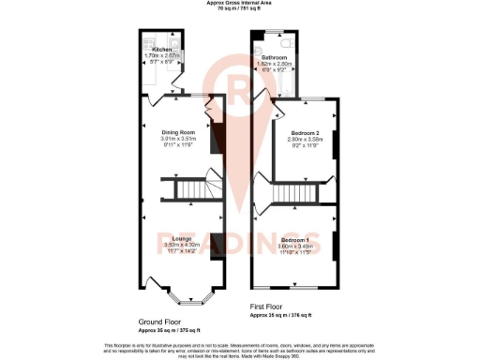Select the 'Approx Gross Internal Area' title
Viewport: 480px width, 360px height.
[239, 3]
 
